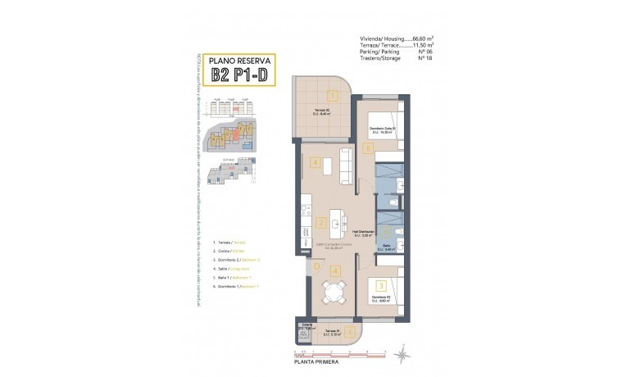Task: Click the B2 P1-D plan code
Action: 242,75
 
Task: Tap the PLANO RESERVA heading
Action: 242,60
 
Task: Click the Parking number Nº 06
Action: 425,52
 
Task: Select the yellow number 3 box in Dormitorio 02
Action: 382,284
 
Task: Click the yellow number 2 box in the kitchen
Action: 322,222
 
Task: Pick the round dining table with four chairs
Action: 332,293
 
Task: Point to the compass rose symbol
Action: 402,354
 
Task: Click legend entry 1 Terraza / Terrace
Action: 229,243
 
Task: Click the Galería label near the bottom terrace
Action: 307,324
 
